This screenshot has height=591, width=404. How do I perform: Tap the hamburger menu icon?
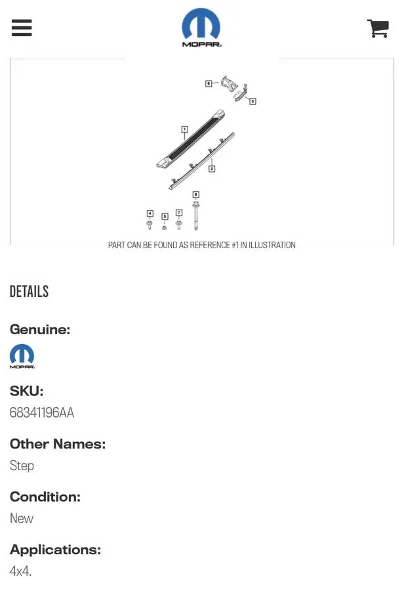pos(22,28)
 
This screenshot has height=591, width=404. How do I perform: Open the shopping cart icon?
pos(378,28)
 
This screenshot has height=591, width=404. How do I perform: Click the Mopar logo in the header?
pos(201,28)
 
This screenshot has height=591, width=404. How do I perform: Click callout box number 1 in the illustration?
pos(184,129)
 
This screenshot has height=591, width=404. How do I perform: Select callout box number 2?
pos(212,169)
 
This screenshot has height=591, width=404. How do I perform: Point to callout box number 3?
pos(253,101)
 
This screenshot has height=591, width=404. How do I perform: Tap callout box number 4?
pos(150,213)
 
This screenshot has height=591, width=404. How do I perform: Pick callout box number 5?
pos(165,216)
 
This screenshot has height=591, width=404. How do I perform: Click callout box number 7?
pos(179,213)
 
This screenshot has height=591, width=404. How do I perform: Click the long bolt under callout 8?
pos(196,216)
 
